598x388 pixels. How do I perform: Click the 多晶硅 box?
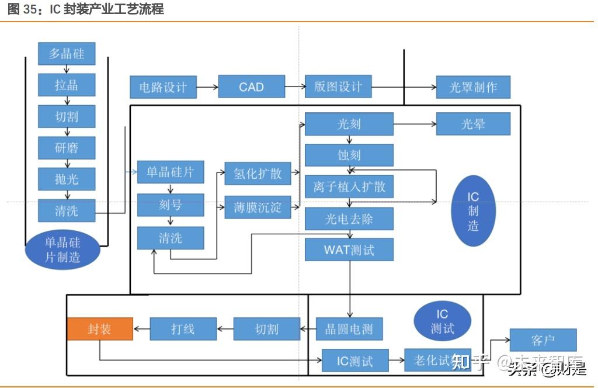click(x=67, y=54)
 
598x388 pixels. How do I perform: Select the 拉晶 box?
click(x=67, y=85)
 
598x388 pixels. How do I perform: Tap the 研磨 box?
click(x=67, y=148)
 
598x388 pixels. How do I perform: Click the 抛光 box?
click(x=67, y=179)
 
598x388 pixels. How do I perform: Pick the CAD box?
click(x=252, y=87)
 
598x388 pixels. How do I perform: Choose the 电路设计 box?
click(x=163, y=88)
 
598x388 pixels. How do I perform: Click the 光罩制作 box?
click(x=473, y=88)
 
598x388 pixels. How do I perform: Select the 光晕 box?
click(x=473, y=124)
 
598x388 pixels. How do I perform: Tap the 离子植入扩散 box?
click(x=349, y=188)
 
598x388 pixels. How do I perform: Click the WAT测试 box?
click(x=349, y=250)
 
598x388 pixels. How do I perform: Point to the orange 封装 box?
click(x=100, y=329)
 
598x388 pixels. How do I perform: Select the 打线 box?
click(x=183, y=329)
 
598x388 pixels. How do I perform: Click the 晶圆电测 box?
click(x=349, y=329)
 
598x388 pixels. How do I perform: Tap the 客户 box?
click(x=543, y=340)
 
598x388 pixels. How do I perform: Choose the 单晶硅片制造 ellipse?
click(x=62, y=249)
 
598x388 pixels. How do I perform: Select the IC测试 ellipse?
click(x=442, y=321)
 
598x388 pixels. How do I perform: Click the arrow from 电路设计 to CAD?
click(x=207, y=88)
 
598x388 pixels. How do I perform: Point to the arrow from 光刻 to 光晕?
click(x=415, y=124)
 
